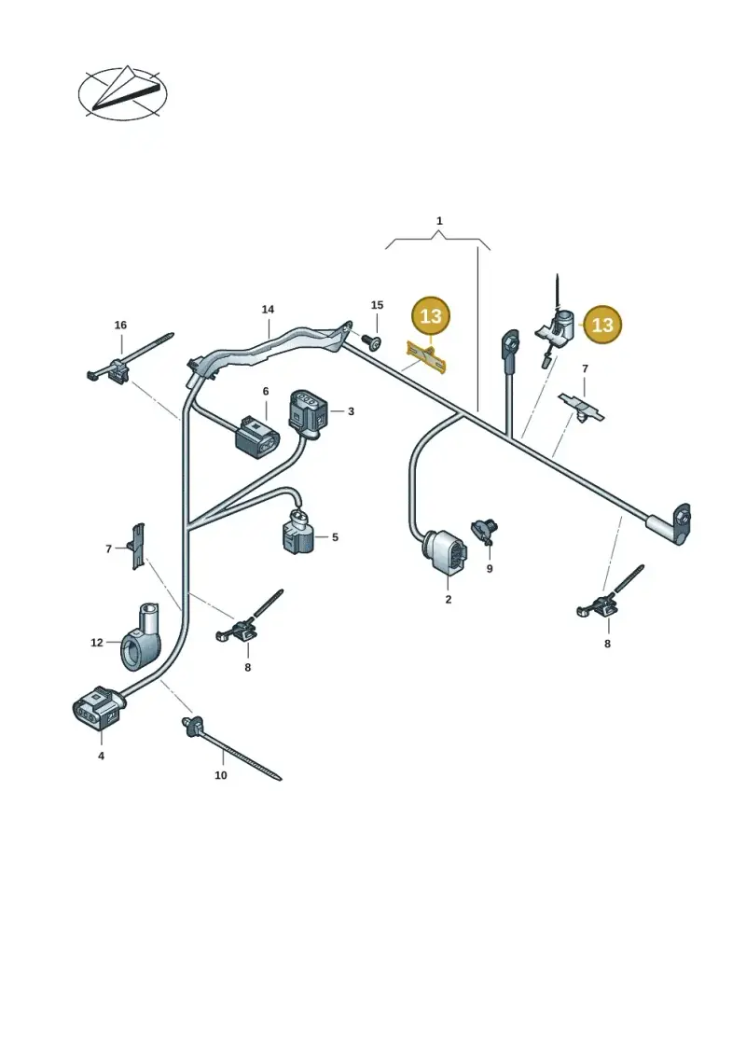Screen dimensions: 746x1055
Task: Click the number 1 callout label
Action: tap(439, 221)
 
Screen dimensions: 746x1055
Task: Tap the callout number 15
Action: tap(377, 305)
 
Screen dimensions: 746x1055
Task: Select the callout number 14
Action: tap(268, 310)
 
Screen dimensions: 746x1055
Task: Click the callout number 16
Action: tap(120, 325)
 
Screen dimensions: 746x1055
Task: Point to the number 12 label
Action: tap(97, 643)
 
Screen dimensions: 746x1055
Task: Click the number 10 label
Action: tap(221, 775)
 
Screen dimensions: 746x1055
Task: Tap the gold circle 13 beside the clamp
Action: tap(602, 325)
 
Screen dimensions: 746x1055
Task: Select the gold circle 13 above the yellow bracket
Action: tap(431, 315)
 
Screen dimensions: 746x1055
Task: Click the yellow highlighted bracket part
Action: tap(426, 356)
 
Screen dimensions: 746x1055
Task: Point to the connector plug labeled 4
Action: tap(98, 708)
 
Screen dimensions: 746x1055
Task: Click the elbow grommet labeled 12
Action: tap(141, 636)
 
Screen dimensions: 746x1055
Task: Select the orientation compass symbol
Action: tap(122, 93)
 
